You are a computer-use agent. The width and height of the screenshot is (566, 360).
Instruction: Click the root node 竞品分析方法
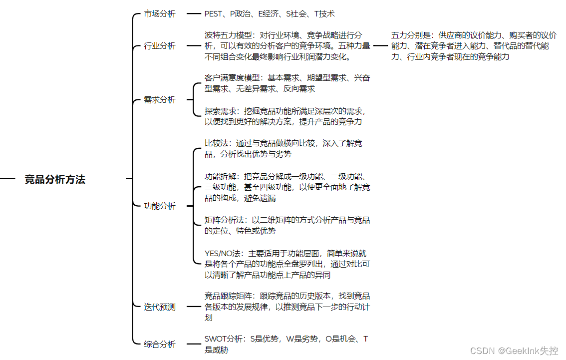55,180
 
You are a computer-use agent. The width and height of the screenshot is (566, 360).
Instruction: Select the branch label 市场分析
160,14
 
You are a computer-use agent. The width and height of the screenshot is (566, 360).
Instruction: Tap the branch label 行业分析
160,46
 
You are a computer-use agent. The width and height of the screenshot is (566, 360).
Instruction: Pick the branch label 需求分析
160,100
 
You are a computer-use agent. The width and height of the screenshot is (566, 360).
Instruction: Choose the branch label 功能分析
160,206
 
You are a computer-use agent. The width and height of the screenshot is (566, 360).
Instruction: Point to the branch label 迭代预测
160,307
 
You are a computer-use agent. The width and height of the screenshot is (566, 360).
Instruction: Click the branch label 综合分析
160,344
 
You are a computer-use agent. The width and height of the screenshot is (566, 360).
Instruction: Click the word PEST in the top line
214,14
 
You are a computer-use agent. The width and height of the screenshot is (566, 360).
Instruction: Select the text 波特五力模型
228,35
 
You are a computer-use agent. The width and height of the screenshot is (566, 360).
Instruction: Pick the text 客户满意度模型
232,78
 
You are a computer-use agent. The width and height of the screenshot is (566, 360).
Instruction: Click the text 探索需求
220,111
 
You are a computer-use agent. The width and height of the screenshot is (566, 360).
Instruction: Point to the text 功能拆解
220,176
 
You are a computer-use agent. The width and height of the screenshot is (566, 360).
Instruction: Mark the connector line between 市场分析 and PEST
193,14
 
